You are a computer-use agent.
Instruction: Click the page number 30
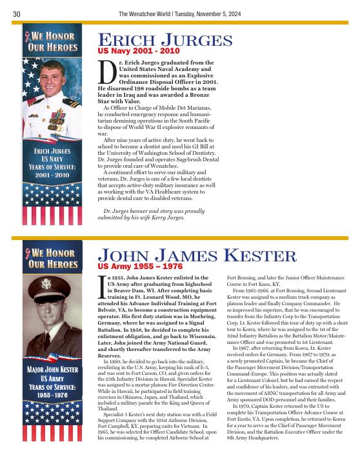coord(17,14)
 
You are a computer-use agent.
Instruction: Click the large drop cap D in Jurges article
coord(106,74)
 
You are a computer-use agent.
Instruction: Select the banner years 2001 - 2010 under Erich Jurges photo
coord(53,174)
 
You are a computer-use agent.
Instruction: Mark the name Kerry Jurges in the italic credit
coord(170,217)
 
